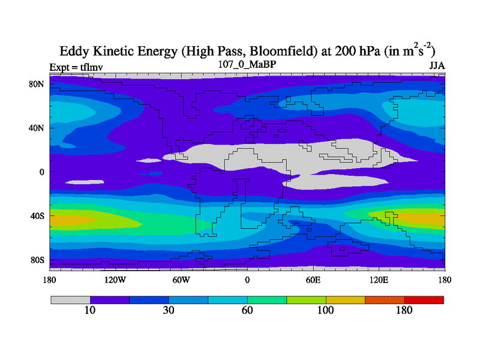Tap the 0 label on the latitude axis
pyautogui.click(x=41, y=172)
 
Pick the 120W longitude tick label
pyautogui.click(x=115, y=280)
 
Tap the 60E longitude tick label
pyautogui.click(x=314, y=280)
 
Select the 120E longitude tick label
pyautogui.click(x=379, y=280)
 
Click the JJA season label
pyautogui.click(x=436, y=65)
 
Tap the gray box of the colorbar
pyautogui.click(x=70, y=299)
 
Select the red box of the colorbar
pyautogui.click(x=424, y=299)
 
